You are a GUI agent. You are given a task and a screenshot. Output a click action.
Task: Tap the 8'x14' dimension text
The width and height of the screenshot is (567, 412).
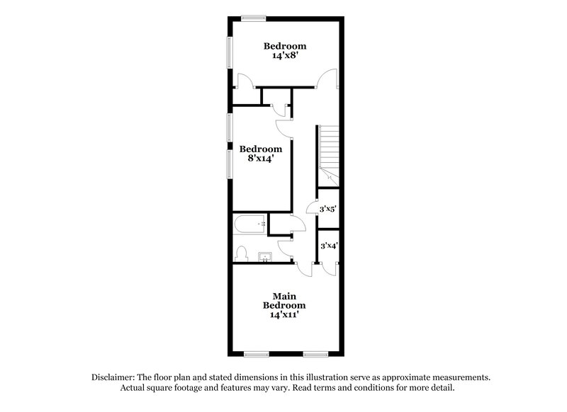[x=260, y=159]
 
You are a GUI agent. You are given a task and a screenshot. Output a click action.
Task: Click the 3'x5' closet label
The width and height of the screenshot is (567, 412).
[x=327, y=210]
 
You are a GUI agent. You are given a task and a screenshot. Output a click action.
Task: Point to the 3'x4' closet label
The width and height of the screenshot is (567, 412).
[x=328, y=246]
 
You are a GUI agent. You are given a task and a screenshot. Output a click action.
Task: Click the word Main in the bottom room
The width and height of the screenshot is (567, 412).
[x=284, y=295]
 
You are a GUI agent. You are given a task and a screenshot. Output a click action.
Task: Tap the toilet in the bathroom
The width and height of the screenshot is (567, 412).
[x=241, y=253]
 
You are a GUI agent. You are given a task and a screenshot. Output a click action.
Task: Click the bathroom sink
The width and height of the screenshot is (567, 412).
[x=266, y=256]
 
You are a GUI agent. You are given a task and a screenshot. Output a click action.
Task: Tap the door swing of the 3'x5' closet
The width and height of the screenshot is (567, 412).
[x=311, y=206]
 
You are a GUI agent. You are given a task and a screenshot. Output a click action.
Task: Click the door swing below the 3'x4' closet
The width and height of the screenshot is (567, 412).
[x=327, y=267]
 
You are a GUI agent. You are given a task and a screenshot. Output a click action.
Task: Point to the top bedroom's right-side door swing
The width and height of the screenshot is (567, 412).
[x=326, y=79]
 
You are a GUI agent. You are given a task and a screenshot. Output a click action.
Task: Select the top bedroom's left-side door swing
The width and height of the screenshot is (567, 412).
[x=242, y=81]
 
